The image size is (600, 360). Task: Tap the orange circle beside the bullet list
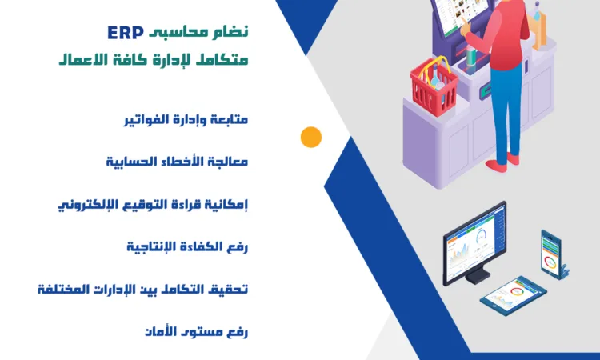(310, 137)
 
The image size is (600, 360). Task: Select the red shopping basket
(434, 83)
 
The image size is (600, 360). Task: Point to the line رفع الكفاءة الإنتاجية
(187, 245)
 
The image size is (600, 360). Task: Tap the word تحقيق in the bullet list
(230, 287)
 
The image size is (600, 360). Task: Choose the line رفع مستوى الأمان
(197, 330)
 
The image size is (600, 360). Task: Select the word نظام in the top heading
(231, 32)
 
